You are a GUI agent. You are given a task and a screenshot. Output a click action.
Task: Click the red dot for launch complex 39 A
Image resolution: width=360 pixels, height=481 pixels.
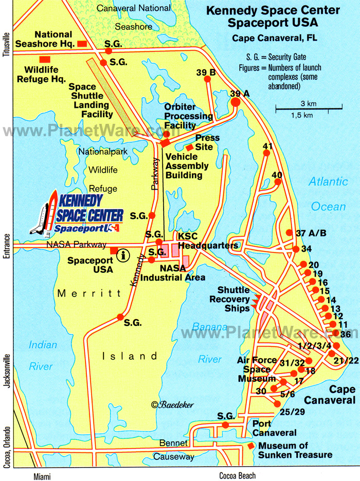(x=236, y=102)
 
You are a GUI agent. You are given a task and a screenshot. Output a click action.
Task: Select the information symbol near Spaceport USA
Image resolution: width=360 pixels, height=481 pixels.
(x=123, y=255)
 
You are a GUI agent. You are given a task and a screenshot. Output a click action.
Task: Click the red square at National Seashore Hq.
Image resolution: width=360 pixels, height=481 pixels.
(x=82, y=44)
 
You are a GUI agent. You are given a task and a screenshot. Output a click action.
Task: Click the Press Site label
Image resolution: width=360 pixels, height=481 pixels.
(x=207, y=142)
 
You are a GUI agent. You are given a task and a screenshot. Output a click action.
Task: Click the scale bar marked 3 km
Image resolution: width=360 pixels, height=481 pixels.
(x=309, y=108)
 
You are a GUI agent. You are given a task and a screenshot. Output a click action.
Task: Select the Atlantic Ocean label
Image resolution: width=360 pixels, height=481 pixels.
(x=329, y=194)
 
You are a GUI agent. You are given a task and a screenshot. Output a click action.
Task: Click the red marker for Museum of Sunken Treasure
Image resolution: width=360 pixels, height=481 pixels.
(x=251, y=446)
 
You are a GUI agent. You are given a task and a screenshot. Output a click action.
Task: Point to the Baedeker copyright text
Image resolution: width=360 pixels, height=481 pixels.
(x=172, y=405)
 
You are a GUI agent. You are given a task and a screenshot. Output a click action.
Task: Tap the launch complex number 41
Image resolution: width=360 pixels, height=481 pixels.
(x=267, y=146)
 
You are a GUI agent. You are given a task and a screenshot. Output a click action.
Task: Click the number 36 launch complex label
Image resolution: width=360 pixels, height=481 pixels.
(x=345, y=335)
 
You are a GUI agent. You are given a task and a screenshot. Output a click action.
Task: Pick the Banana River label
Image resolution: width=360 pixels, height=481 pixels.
(x=210, y=336)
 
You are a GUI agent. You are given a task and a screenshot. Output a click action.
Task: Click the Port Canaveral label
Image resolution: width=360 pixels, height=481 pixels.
(x=274, y=428)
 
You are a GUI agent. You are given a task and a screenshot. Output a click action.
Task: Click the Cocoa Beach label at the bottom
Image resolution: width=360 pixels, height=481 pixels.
(x=237, y=475)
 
